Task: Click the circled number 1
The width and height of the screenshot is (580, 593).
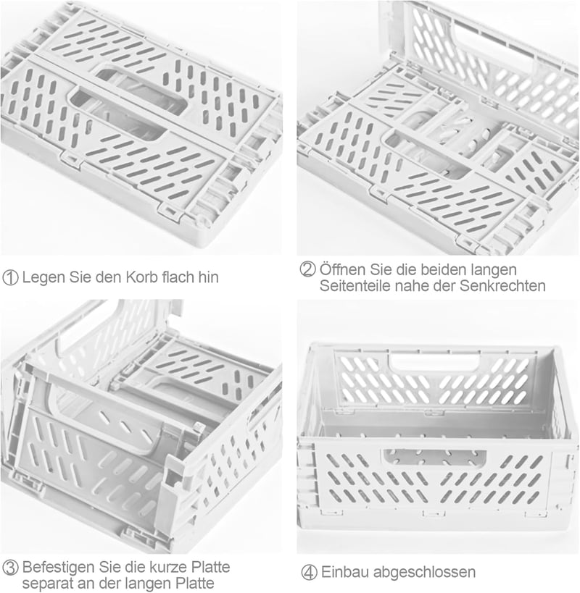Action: pyautogui.click(x=10, y=277)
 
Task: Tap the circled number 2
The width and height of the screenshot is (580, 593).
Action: pyautogui.click(x=307, y=269)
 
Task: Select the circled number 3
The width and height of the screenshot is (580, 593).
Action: pyautogui.click(x=10, y=568)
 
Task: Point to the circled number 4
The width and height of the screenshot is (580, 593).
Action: pyautogui.click(x=309, y=572)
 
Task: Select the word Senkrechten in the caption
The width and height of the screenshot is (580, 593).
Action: pyautogui.click(x=502, y=286)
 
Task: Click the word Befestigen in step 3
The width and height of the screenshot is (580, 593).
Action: pyautogui.click(x=59, y=567)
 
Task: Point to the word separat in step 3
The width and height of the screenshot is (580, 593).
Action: pyautogui.click(x=47, y=584)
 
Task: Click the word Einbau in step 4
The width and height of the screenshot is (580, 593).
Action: pyautogui.click(x=345, y=572)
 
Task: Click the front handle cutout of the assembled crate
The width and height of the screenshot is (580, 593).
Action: pyautogui.click(x=434, y=458)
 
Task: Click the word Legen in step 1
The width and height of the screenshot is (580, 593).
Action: pyautogui.click(x=43, y=277)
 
